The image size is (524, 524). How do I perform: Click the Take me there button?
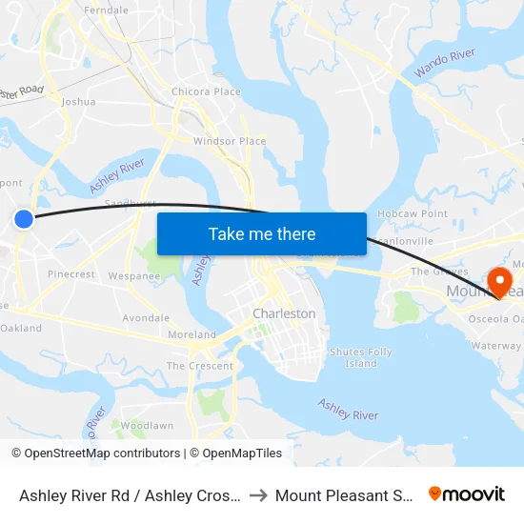(x=261, y=233)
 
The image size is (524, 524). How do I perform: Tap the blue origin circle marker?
(x=24, y=219)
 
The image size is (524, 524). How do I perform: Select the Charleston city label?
(x=284, y=313)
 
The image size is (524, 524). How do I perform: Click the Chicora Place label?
(x=206, y=91)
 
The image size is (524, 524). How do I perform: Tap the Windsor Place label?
(x=230, y=141)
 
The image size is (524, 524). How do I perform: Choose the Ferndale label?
(x=106, y=10)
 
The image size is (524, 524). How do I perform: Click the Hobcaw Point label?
(x=413, y=214)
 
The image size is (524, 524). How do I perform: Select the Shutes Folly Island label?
(x=360, y=357)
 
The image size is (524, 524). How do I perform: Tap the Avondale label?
(x=146, y=318)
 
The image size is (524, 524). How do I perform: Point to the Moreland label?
(x=191, y=334)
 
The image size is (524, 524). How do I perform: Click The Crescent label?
(x=200, y=366)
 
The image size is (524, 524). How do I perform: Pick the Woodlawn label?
(x=147, y=425)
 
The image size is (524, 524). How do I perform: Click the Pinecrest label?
(x=71, y=274)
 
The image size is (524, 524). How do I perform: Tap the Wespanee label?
(x=134, y=276)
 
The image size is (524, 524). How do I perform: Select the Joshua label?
(x=78, y=101)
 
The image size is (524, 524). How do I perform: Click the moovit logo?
(x=467, y=494)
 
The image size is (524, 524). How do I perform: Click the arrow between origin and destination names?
(x=258, y=495)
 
